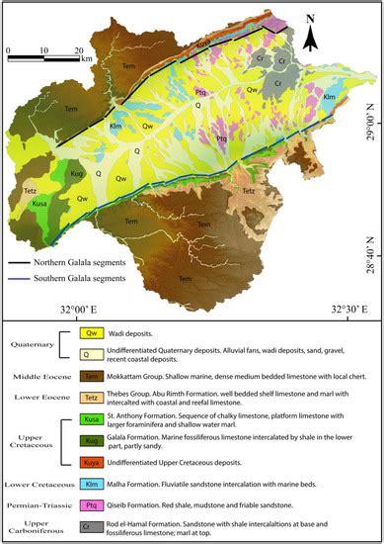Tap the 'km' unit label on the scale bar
88,59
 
